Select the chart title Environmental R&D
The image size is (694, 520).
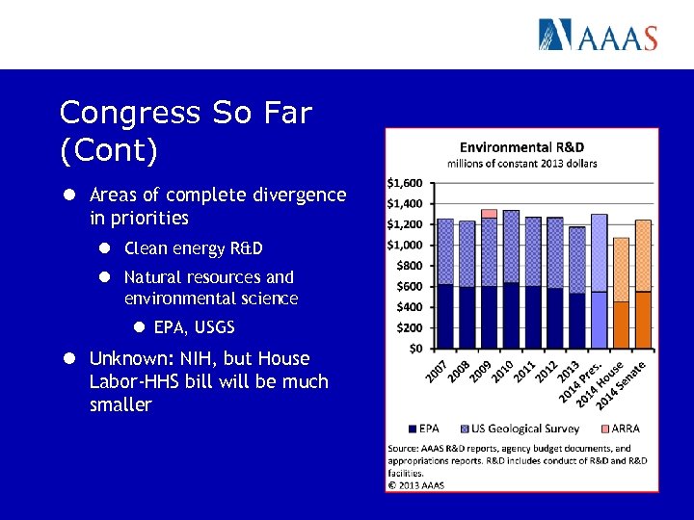pyautogui.click(x=521, y=147)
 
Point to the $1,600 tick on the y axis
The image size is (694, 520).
pyautogui.click(x=404, y=183)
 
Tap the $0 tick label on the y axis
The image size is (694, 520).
pyautogui.click(x=414, y=348)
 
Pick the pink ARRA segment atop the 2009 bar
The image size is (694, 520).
pyautogui.click(x=489, y=214)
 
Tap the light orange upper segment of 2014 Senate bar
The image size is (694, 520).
pyautogui.click(x=643, y=255)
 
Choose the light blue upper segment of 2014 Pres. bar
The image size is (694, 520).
pyautogui.click(x=599, y=252)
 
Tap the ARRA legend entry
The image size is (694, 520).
pyautogui.click(x=618, y=429)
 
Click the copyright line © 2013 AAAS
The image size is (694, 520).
pyautogui.click(x=416, y=485)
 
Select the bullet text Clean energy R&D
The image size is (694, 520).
pyautogui.click(x=193, y=248)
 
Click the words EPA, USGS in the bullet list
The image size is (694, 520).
pyautogui.click(x=194, y=327)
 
